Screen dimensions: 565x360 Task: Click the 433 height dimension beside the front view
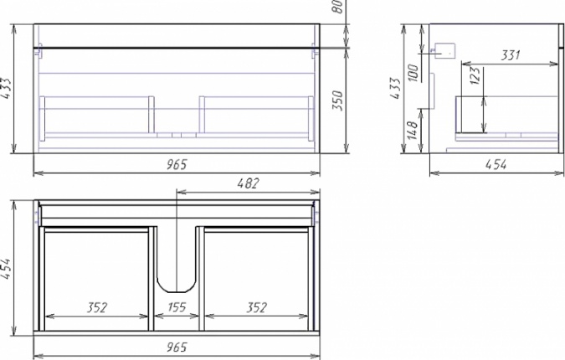tap(5, 88)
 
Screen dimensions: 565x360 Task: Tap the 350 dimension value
tap(337, 100)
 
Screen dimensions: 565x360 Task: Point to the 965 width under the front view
tap(177, 164)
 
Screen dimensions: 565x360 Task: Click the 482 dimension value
tap(248, 183)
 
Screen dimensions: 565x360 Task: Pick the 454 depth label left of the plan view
tap(5, 269)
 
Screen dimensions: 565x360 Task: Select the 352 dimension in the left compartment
tap(97, 307)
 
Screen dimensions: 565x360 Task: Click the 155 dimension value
tap(177, 307)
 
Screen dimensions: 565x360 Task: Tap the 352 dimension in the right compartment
tap(257, 307)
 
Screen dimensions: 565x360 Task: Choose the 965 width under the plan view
tap(177, 347)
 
